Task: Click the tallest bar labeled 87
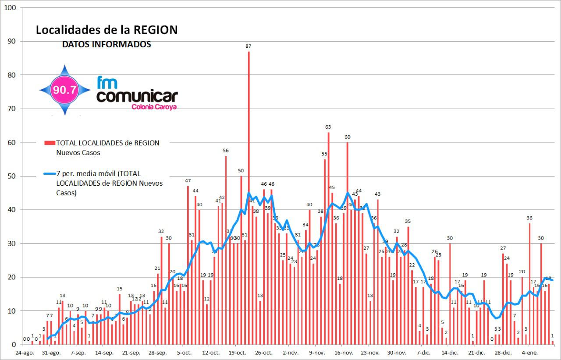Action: tap(249, 197)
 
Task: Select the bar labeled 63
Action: tap(328, 236)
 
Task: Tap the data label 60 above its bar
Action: tap(347, 137)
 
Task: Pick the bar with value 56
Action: tap(226, 250)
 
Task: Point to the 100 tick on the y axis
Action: tap(10, 8)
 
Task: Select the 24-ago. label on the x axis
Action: tap(25, 353)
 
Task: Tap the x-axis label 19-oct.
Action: tap(237, 353)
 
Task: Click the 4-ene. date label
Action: tap(529, 353)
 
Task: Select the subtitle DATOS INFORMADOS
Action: tap(107, 44)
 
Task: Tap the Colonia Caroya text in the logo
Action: tap(154, 106)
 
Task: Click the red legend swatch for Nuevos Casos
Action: tap(50, 143)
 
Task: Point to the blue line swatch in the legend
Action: tap(50, 173)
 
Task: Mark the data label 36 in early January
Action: tap(529, 218)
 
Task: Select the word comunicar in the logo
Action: tap(137, 95)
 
